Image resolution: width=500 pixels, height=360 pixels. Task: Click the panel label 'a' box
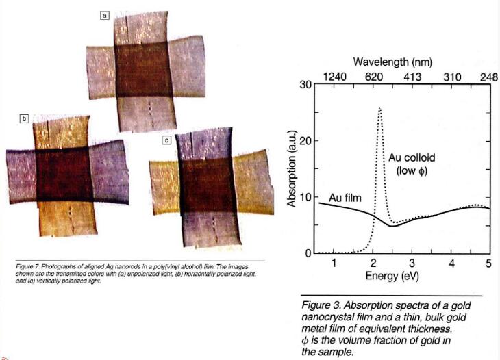coord(105,15)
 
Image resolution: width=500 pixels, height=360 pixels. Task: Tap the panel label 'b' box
coord(23,118)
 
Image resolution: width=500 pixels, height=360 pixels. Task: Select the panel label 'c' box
coord(166,140)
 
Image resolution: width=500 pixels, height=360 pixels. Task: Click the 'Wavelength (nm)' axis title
coord(392,62)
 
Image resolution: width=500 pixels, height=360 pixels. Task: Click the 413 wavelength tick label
coord(412,77)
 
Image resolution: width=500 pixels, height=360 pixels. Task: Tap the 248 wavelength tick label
coord(488,77)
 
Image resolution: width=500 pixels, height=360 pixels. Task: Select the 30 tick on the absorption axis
coord(306,85)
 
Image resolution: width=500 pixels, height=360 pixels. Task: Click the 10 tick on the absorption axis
coord(306,197)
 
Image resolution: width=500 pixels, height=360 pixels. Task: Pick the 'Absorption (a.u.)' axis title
coord(292,168)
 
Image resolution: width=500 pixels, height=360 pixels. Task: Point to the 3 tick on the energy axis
coord(412,263)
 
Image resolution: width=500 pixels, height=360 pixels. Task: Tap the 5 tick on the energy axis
coord(489,263)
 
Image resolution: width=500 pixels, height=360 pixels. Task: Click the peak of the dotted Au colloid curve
coord(379,109)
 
